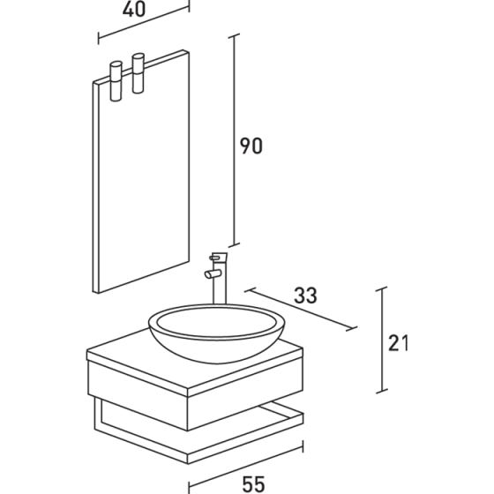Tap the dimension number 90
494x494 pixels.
[252, 146]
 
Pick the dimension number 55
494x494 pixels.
[253, 483]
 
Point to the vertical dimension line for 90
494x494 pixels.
[234, 141]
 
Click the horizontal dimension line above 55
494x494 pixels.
[253, 467]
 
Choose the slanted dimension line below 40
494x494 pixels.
[143, 26]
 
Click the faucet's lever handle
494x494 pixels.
[221, 257]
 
